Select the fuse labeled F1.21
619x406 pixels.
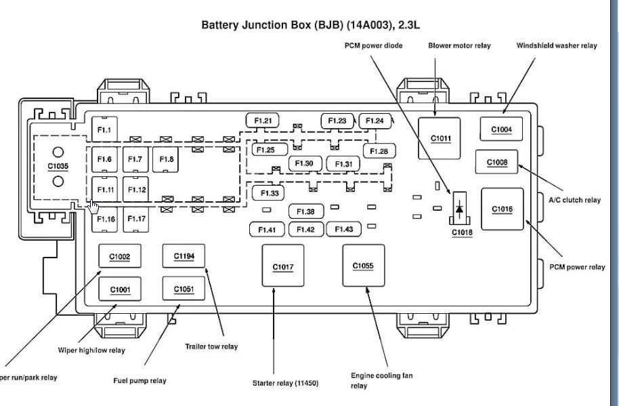(x=263, y=121)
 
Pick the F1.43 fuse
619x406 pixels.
(x=343, y=230)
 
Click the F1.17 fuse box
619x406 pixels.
(x=137, y=219)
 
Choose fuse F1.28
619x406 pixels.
(x=379, y=150)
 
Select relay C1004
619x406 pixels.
(x=501, y=129)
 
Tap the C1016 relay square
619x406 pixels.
(x=502, y=209)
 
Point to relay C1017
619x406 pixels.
(x=283, y=266)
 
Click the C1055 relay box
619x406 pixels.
(x=363, y=266)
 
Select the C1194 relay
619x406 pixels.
(x=184, y=256)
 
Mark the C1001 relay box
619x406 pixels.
(x=121, y=289)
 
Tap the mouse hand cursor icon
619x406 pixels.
(x=93, y=206)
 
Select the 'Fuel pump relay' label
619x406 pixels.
(x=140, y=380)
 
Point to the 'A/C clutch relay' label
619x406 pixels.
(x=574, y=200)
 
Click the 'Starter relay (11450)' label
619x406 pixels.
(x=285, y=383)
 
